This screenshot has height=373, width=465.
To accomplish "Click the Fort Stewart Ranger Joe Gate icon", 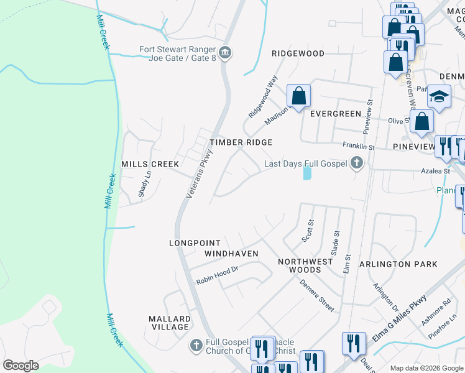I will (x=226, y=52).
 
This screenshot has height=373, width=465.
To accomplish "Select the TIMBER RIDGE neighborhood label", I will (x=241, y=143).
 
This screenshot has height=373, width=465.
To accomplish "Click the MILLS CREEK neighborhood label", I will (x=150, y=164).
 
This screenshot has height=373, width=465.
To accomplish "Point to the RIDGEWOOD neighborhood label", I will (x=298, y=54).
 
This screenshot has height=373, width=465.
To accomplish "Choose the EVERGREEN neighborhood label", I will (x=336, y=114).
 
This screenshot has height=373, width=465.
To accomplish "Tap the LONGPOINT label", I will (x=191, y=243).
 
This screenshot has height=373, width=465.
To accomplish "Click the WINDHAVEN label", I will (x=231, y=254).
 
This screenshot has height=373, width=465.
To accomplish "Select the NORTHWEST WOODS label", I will (x=305, y=265).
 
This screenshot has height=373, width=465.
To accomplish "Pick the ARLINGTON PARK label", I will (x=398, y=264).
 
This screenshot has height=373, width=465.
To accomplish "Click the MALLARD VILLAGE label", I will (x=169, y=323).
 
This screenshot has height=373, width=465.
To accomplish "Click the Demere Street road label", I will (x=317, y=296).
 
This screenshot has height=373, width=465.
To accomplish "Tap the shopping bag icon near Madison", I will (x=298, y=96).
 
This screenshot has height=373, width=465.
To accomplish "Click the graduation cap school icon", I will (x=439, y=97).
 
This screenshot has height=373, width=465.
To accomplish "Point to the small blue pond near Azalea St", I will (x=307, y=172).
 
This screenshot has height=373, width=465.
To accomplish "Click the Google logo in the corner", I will (x=21, y=366).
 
